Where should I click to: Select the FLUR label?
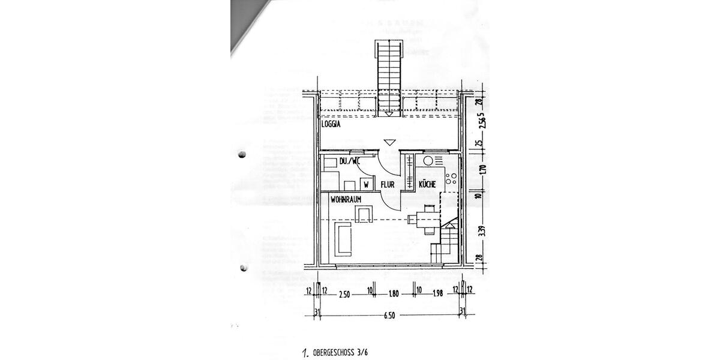(387, 185)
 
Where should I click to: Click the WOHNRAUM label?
(346, 198)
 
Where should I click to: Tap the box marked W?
(365, 184)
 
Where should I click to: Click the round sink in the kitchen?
(428, 160)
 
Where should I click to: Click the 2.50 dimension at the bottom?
(344, 295)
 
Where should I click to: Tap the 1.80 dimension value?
(394, 295)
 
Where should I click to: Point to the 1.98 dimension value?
(437, 295)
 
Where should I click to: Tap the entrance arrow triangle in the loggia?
(389, 142)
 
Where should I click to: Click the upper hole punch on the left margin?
(242, 155)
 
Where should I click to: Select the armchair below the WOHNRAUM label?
(364, 214)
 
